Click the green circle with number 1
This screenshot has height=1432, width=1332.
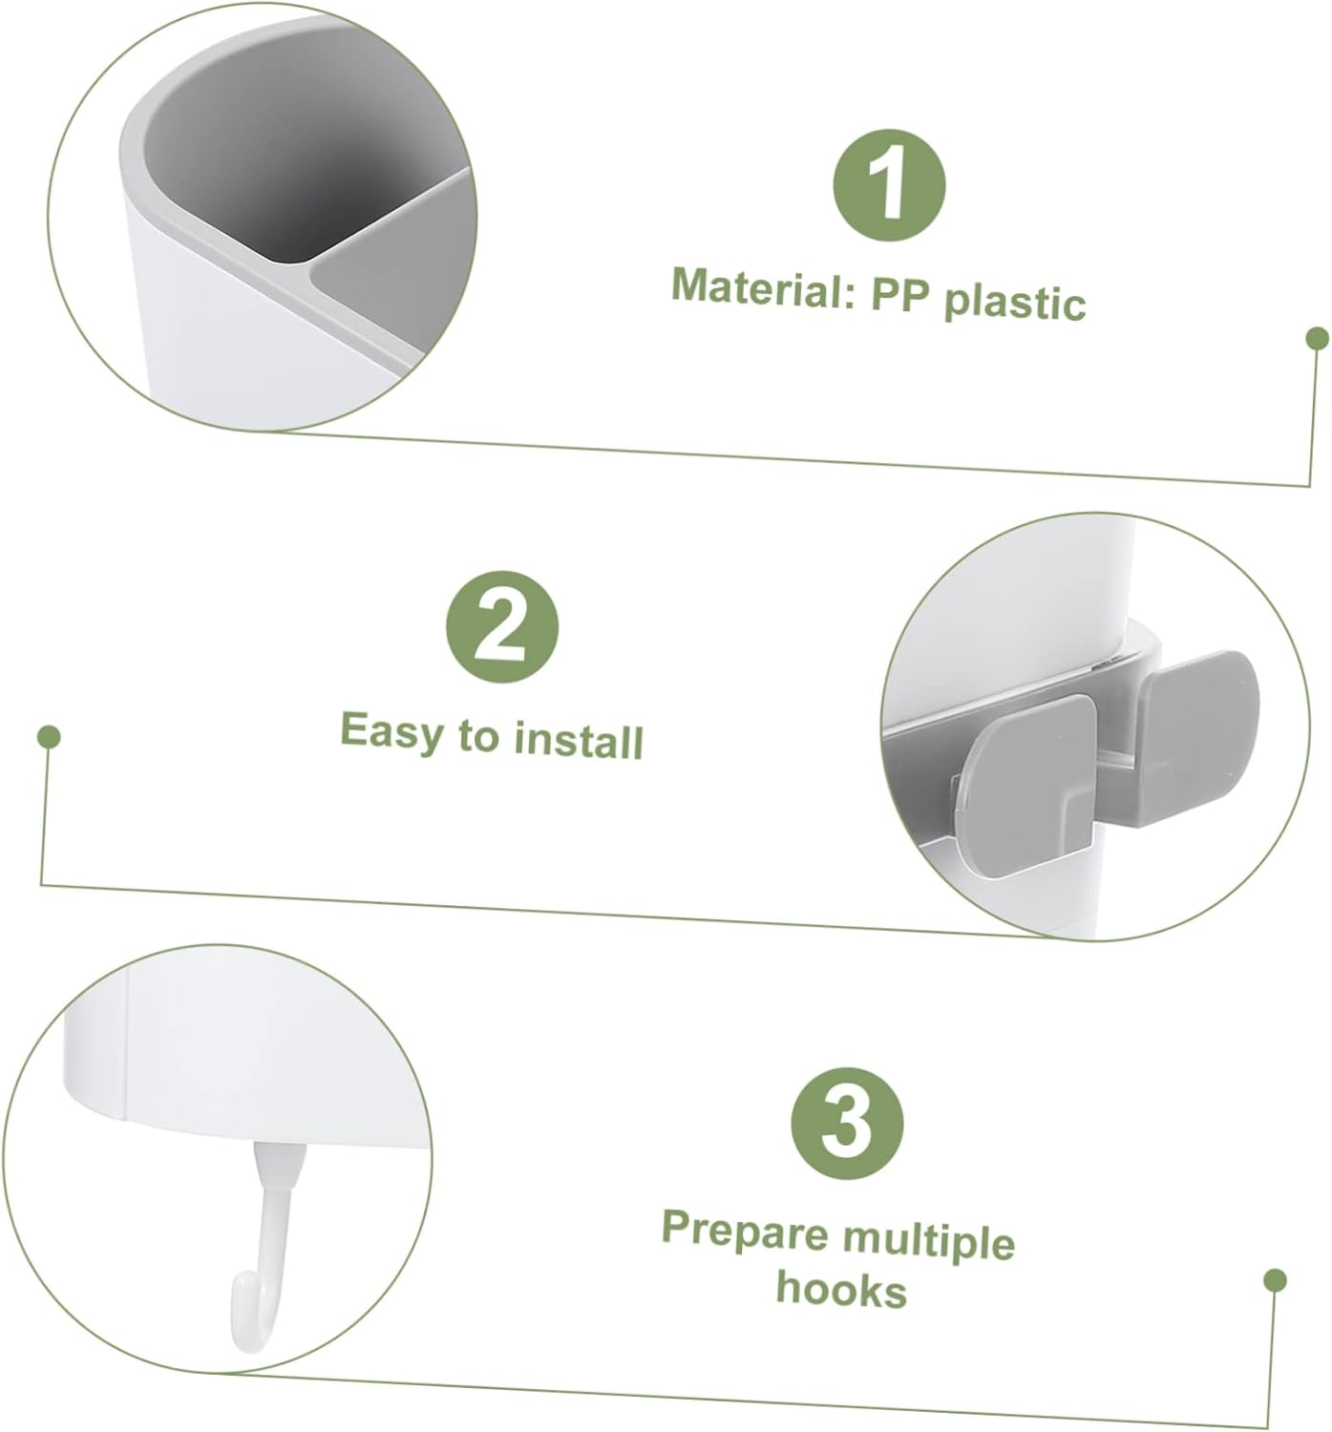tap(889, 185)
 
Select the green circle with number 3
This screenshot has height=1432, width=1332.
tap(847, 1124)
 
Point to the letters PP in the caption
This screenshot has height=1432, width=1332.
tap(899, 297)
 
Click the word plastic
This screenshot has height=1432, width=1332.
tap(1014, 303)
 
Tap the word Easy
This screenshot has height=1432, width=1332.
tap(391, 732)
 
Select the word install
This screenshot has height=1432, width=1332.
tap(579, 742)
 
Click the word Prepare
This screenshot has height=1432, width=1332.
tap(745, 1231)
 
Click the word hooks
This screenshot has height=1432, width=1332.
tap(841, 1289)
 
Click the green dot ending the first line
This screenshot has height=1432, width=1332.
tap(1317, 338)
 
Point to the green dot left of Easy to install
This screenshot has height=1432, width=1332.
tap(49, 737)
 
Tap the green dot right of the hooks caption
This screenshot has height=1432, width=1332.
tap(1275, 1280)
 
